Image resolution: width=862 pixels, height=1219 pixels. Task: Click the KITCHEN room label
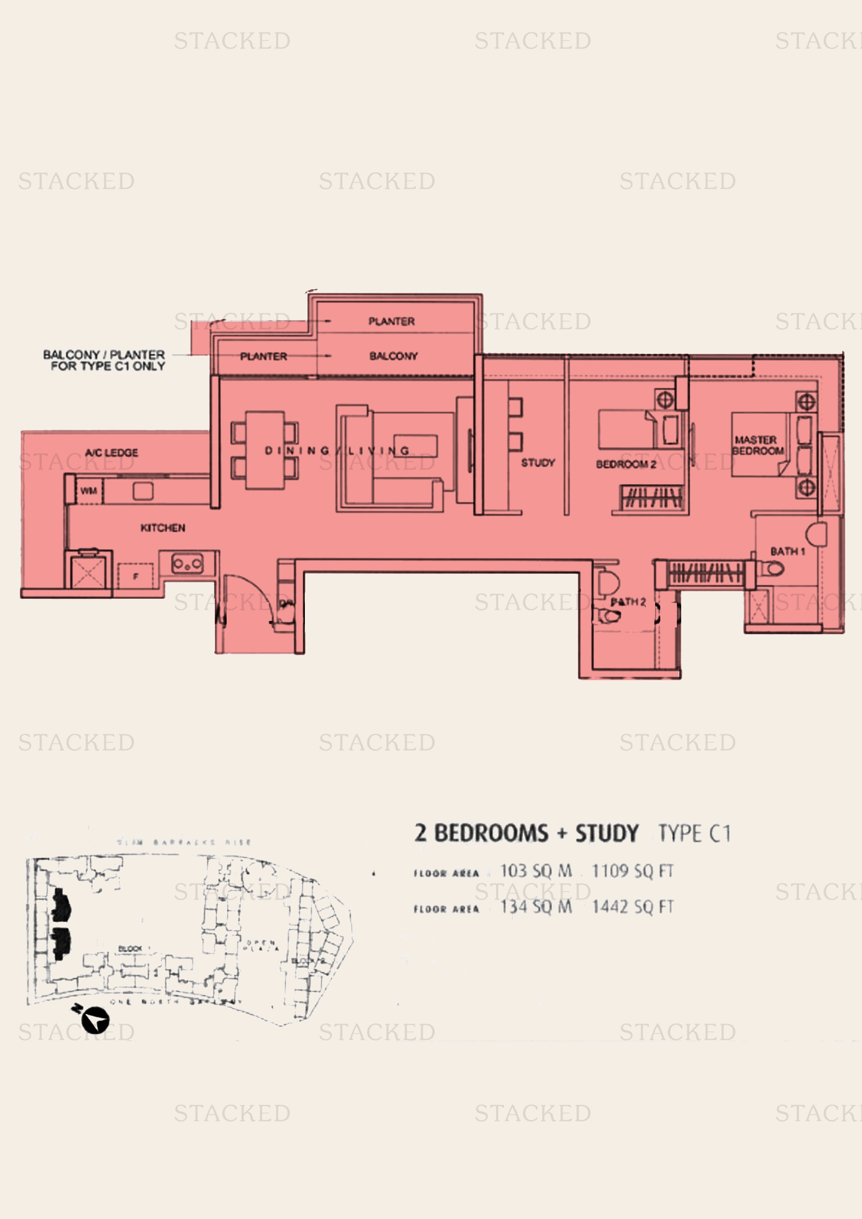click(163, 528)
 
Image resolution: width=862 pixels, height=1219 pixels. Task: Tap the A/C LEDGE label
click(112, 453)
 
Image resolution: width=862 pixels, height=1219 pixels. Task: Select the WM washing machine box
click(89, 491)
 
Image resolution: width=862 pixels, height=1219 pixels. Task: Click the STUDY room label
click(538, 463)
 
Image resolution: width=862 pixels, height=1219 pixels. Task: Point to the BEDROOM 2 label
click(626, 464)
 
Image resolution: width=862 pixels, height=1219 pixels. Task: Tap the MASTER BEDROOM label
click(757, 446)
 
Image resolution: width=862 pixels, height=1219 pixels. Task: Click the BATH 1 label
click(787, 551)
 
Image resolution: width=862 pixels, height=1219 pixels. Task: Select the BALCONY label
click(393, 356)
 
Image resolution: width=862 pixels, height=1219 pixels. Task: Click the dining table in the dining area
click(264, 450)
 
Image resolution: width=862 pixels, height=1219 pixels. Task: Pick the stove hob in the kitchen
click(188, 564)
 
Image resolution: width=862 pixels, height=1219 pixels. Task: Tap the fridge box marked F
click(136, 576)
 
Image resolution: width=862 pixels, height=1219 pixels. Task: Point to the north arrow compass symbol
click(95, 1020)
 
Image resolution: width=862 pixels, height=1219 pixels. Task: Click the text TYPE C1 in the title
click(694, 833)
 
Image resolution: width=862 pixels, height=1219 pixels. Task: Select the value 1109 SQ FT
click(632, 871)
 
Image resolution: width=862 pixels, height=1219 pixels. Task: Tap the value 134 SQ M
click(536, 907)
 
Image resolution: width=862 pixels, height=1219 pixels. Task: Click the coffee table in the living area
click(415, 446)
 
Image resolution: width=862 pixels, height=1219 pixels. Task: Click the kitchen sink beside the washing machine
click(143, 491)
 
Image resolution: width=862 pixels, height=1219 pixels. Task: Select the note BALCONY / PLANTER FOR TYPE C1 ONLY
click(104, 360)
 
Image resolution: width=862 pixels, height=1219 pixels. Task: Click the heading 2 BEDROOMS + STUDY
click(526, 833)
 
